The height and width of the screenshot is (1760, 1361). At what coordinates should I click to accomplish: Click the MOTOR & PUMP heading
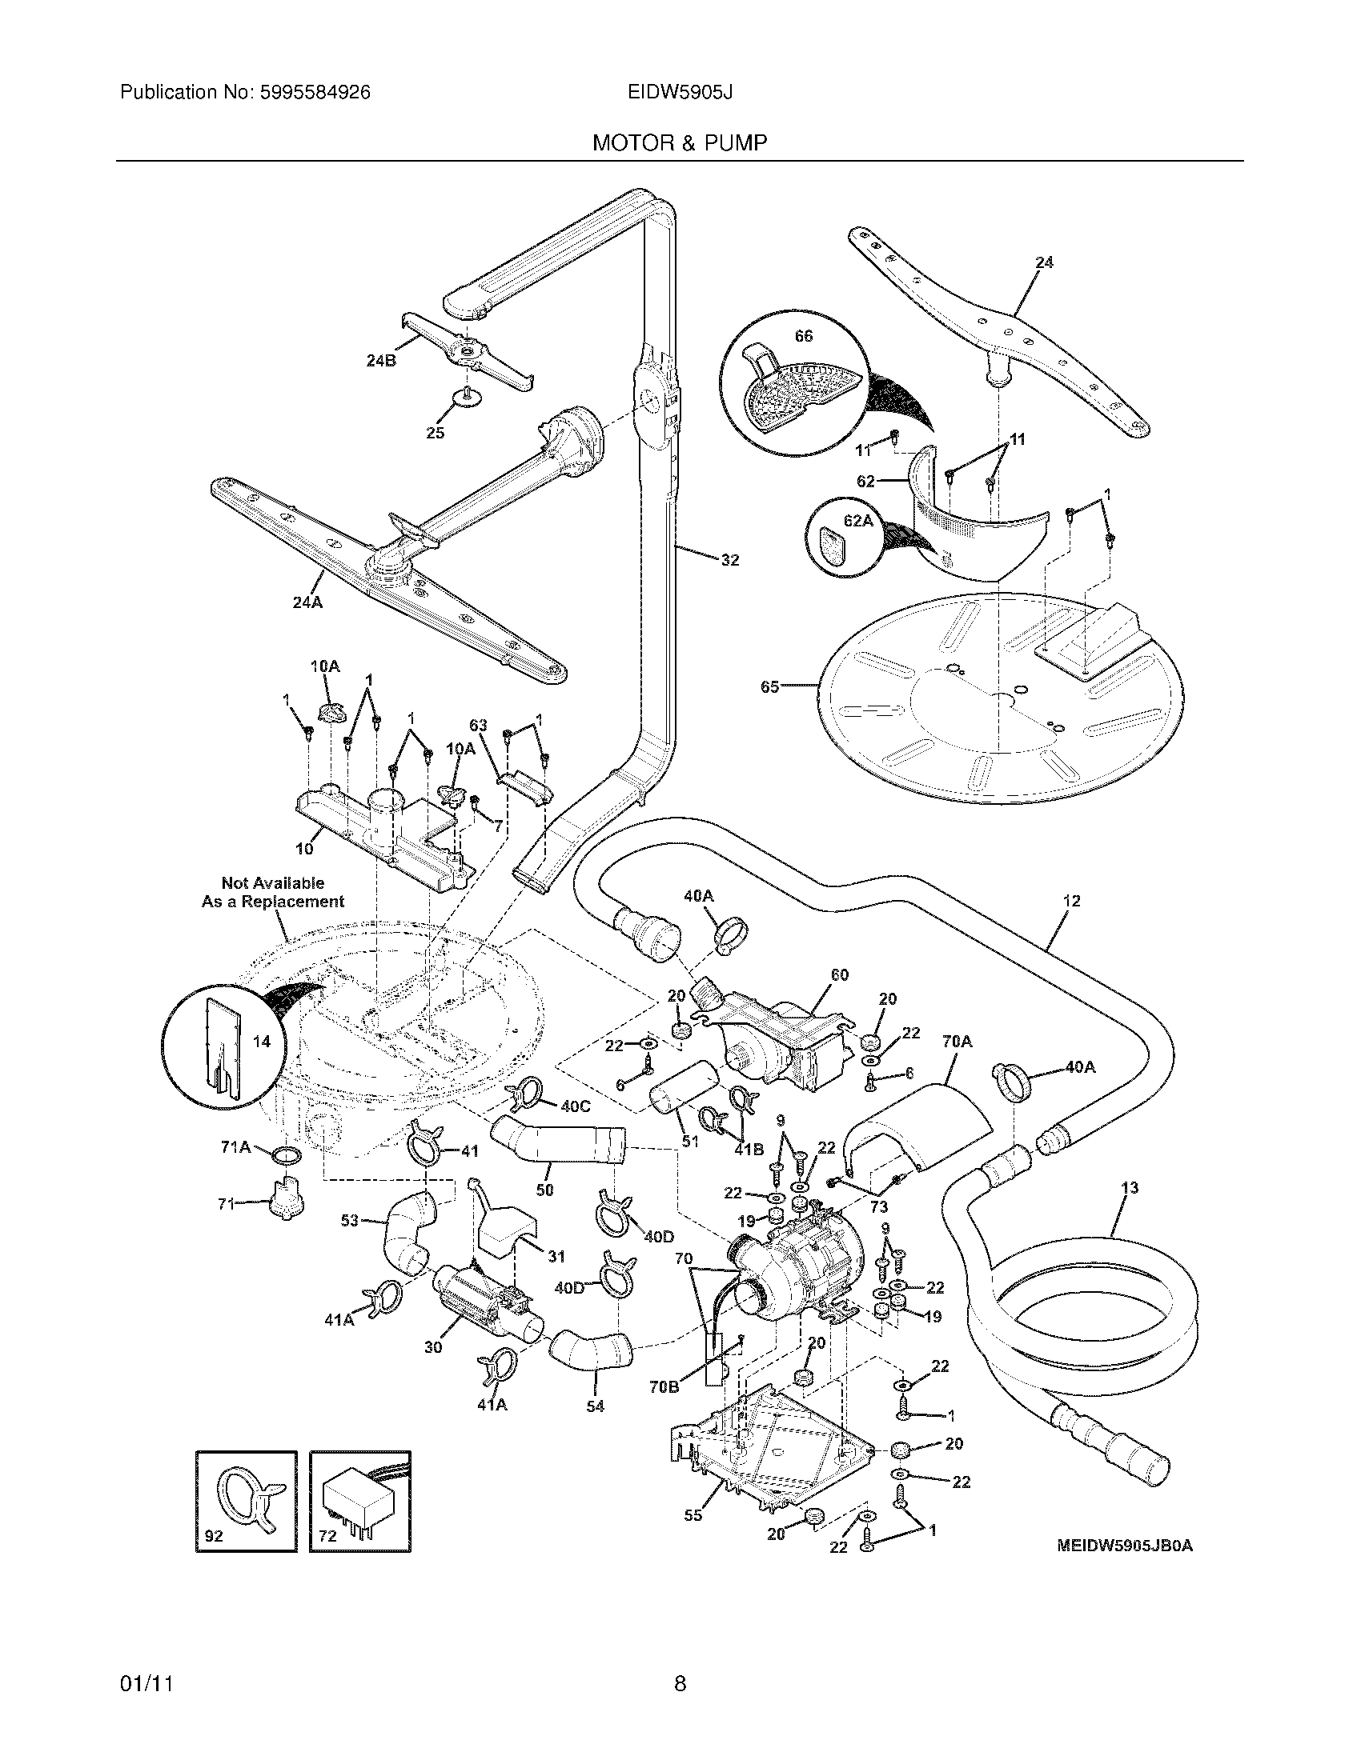tap(680, 142)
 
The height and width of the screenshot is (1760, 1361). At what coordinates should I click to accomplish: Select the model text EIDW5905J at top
tap(680, 93)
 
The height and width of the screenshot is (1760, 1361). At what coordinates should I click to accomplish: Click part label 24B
tap(380, 360)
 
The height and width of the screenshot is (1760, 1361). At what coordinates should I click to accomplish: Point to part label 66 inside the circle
tap(804, 336)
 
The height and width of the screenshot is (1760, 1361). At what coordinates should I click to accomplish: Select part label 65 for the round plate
tap(770, 686)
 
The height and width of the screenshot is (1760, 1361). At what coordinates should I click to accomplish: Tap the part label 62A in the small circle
tap(858, 522)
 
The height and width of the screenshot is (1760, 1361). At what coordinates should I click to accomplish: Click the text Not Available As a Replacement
tap(272, 893)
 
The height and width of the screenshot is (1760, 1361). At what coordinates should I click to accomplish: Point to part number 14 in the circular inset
tap(261, 1042)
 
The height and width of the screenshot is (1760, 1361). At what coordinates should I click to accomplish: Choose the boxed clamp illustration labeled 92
tap(246, 1501)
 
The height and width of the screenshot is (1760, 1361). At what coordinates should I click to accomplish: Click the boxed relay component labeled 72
tap(360, 1501)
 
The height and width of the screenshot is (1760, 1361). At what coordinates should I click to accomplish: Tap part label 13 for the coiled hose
tap(1130, 1189)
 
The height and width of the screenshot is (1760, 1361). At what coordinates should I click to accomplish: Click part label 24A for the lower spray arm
tap(307, 601)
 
